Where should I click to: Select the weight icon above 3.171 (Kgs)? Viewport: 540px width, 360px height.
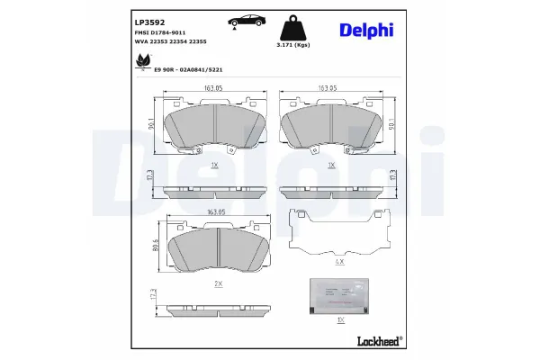tap(292, 27)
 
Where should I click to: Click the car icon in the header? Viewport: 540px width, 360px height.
tap(245, 21)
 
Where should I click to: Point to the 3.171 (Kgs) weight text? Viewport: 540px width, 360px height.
tap(292, 44)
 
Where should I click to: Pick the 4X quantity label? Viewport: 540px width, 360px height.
tap(339, 261)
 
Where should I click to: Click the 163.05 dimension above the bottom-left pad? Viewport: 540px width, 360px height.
tap(216, 212)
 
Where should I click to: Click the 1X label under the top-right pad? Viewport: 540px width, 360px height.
tap(332, 166)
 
